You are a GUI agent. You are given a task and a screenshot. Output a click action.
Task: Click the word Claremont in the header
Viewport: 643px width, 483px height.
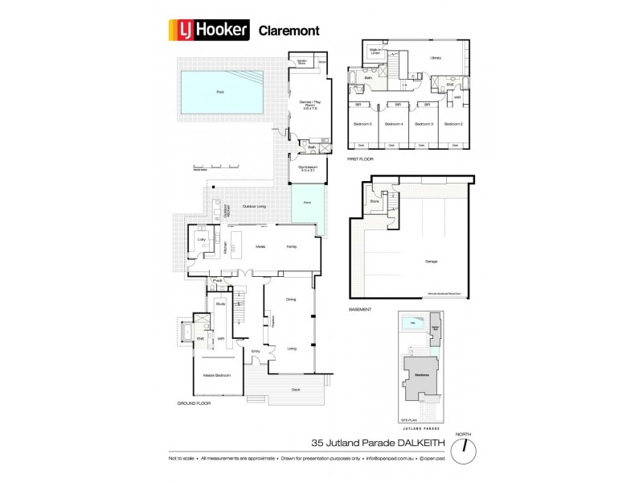286,31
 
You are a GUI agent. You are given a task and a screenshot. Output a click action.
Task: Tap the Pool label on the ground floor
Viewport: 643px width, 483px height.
220,92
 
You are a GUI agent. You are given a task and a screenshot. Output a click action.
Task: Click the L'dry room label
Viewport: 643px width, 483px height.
202,238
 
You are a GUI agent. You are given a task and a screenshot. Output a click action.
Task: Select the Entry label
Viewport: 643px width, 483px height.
256,351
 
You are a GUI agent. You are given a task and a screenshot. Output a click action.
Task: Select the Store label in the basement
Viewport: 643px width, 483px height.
374,202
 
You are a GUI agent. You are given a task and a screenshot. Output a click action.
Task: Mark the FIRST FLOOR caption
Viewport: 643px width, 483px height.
357,159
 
